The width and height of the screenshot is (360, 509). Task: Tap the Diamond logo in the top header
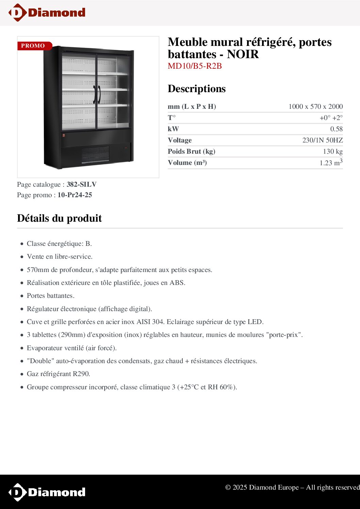47,13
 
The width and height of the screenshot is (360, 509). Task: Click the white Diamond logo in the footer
47,492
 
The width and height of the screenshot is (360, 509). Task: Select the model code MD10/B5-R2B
195,66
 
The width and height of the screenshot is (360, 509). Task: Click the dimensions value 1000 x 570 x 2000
315,106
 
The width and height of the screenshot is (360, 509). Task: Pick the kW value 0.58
336,129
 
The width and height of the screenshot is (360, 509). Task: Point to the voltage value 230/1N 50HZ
322,140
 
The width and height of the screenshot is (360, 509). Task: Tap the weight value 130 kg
332,151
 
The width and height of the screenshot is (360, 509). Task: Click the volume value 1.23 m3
331,163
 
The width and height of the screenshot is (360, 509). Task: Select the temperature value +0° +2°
331,118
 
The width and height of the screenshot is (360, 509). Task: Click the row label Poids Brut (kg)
191,151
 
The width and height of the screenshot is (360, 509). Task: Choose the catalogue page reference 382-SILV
82,184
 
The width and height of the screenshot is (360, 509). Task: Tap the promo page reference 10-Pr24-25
75,195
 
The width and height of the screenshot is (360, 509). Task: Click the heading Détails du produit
60,218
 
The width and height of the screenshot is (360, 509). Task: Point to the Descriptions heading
197,89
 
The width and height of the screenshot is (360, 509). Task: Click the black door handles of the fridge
97,94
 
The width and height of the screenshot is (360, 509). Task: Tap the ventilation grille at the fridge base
95,155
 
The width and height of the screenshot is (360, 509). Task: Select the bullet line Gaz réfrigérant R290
59,374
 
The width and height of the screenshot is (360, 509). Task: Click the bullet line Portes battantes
50,296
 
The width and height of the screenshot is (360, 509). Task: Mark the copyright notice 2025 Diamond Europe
292,487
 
